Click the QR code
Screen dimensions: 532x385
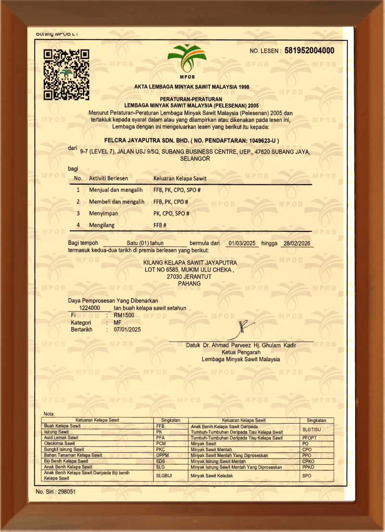66,75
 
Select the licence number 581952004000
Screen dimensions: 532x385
309,51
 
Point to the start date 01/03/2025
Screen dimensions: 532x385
243,243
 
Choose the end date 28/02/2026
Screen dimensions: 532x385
298,243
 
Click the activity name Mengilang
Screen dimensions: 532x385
101,225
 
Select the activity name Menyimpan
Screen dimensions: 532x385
103,213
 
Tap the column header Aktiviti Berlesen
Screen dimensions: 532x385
112,178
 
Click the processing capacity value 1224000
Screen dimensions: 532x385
90,308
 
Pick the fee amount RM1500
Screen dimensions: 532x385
124,315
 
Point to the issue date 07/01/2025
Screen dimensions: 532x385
127,329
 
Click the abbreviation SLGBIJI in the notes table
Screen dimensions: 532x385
165,476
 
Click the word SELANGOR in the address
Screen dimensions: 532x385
195,159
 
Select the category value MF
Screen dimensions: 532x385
117,322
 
